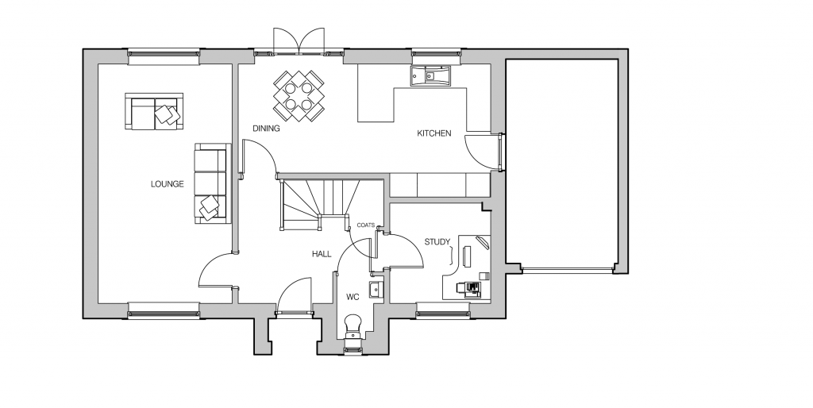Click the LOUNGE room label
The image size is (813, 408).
coord(167,183)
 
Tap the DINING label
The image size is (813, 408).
coord(266,128)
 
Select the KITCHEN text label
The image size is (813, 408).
coord(434,133)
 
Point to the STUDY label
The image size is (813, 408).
coord(437,241)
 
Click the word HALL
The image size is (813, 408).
coord(322,254)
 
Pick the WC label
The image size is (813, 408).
coord(353,297)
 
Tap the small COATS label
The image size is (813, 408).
coord(365,225)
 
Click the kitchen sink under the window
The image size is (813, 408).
coord(431,75)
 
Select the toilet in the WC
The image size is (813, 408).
coord(353,326)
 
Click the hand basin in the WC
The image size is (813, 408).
coord(376,289)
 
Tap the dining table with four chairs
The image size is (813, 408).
coord(299,96)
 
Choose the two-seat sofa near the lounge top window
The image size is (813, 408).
coord(154,111)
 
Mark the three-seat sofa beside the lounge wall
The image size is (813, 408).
coord(211,183)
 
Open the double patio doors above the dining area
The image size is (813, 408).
coord(299,40)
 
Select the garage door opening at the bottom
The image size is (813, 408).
coord(567,270)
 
